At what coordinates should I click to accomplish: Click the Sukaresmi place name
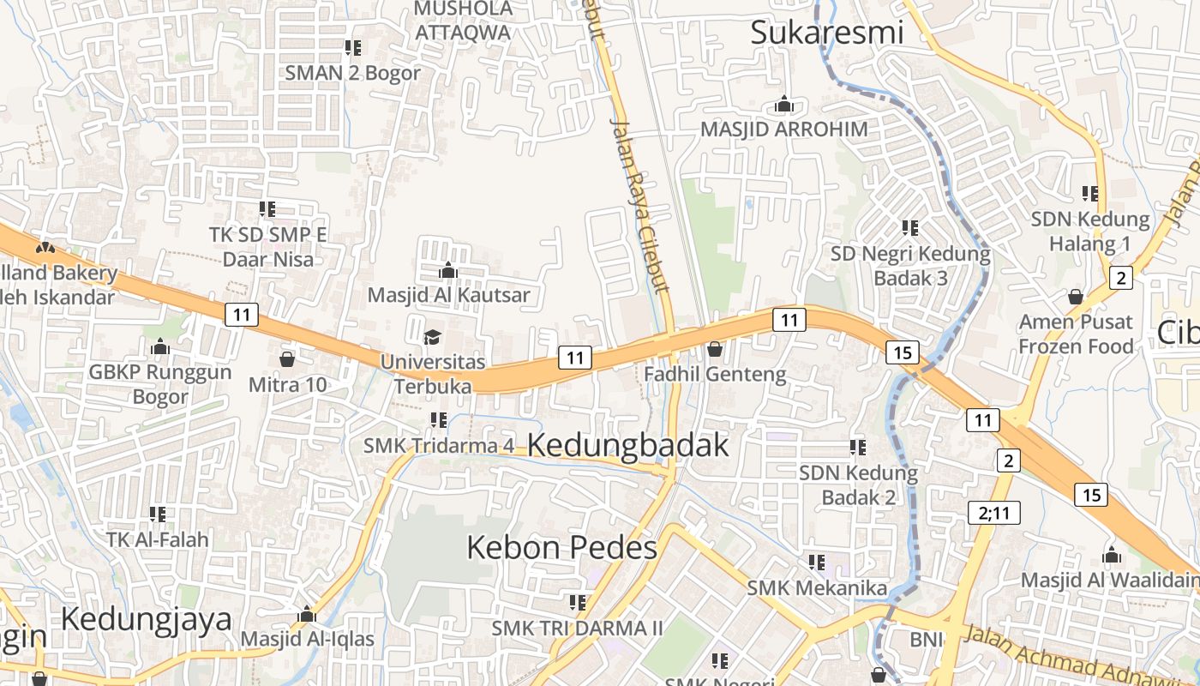pos(827,33)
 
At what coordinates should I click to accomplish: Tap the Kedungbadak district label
pos(628,445)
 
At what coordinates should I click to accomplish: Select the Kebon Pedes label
pos(561,547)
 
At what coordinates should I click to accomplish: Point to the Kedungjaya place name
pos(146,618)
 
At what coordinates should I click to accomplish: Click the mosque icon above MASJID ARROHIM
pos(783,105)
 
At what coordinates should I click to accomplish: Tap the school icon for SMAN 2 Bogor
pos(352,47)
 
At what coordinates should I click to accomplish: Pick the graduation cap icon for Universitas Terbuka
pos(432,337)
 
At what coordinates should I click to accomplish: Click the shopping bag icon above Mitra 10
pos(287,358)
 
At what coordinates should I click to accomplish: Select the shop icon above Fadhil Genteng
pos(714,349)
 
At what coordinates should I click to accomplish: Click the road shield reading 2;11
pos(994,513)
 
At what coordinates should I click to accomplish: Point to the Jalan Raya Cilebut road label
pos(639,206)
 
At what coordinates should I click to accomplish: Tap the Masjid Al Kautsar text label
pos(448,295)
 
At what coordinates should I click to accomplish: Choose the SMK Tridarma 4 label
pos(439,445)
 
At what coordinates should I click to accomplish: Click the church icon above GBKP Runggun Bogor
pos(160,347)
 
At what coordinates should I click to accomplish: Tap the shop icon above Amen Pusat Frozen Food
pos(1075,297)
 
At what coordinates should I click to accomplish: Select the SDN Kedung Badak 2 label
pos(858,484)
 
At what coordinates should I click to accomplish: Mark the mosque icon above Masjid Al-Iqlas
pos(307,615)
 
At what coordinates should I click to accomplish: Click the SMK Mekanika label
pos(817,587)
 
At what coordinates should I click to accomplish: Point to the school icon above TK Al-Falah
pos(157,514)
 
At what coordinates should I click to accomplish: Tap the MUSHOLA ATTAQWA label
pos(463,21)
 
